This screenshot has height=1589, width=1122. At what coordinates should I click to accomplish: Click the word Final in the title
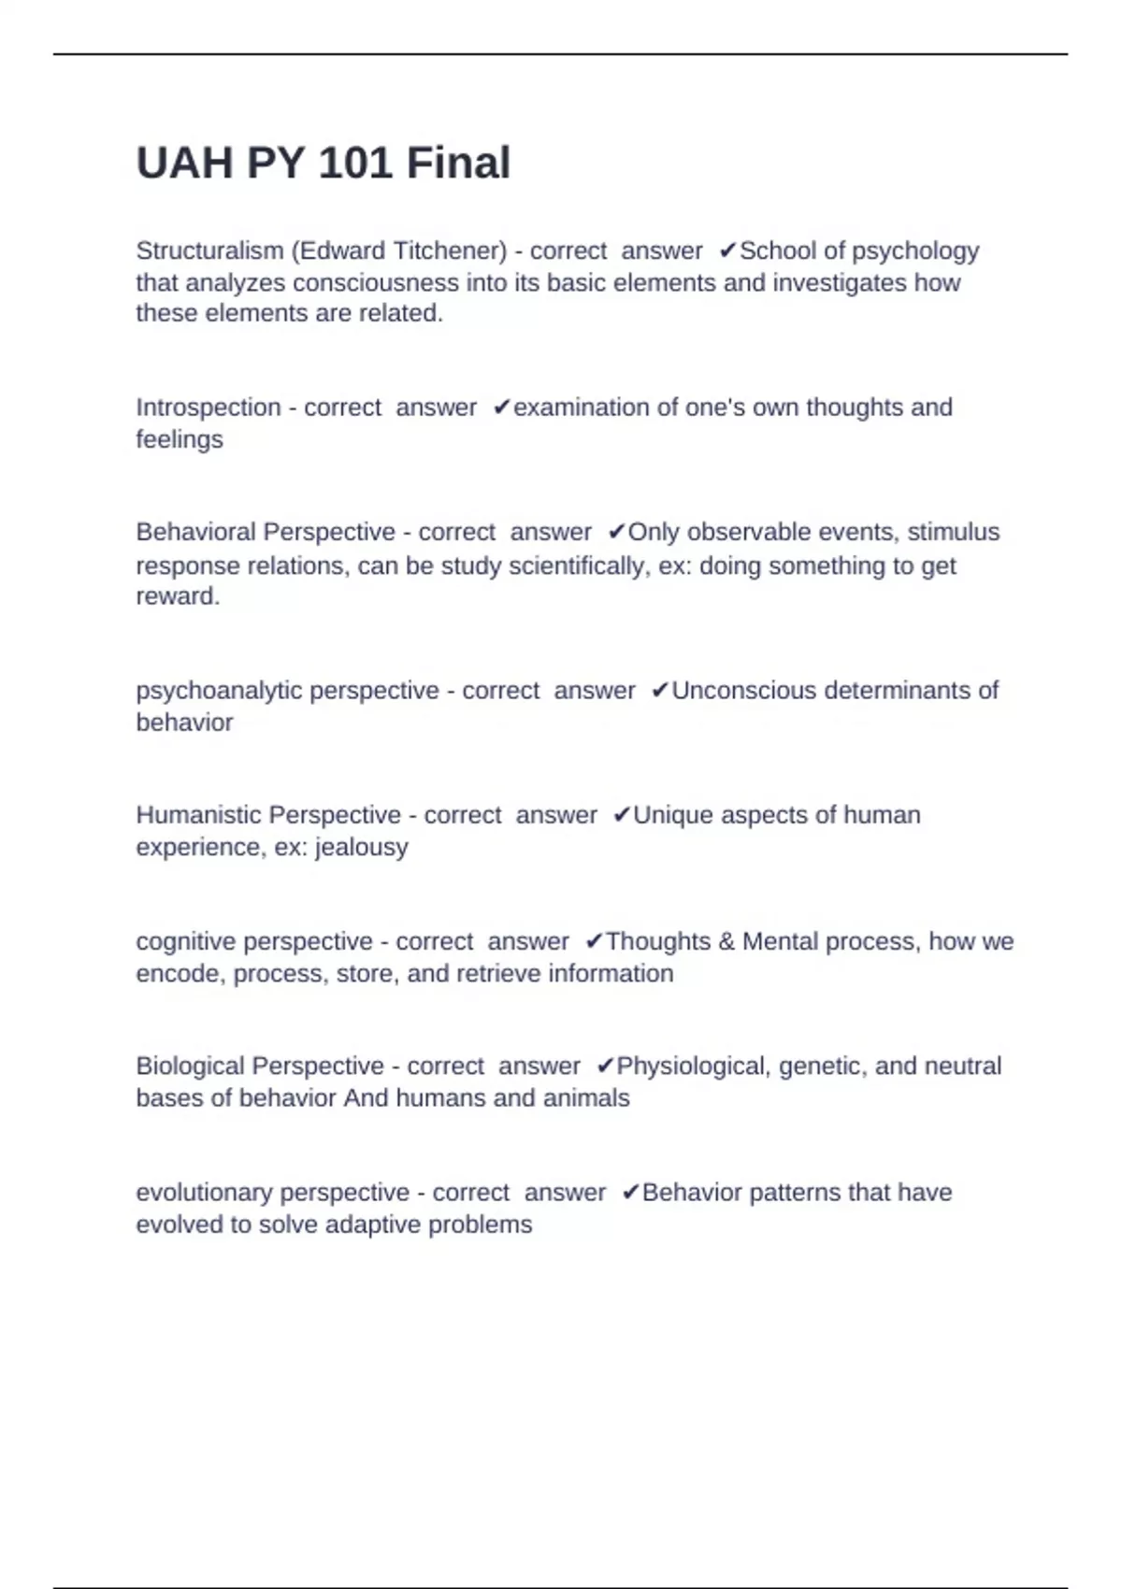coord(458,164)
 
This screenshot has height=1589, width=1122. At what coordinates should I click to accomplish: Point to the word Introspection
coord(209,408)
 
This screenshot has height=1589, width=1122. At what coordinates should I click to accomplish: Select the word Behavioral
coord(197,532)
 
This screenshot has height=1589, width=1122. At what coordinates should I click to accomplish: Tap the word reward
coord(176,596)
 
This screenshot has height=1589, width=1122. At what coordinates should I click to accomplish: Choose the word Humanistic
coord(198,815)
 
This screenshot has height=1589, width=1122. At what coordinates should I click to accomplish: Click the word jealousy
coord(362,847)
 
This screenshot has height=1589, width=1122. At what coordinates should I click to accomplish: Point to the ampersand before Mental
coord(726,941)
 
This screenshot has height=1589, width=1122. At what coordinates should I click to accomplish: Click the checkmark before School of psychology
coord(728,251)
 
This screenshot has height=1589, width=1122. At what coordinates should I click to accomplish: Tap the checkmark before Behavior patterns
coord(630,1193)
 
